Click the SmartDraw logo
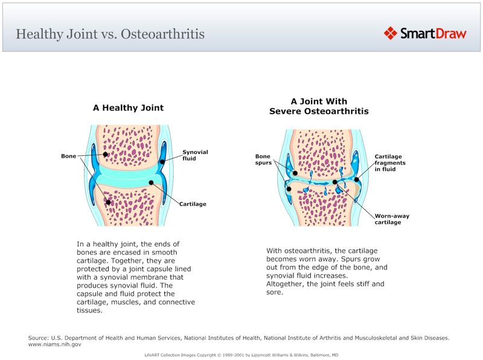point(425,33)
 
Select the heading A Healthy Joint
point(128,108)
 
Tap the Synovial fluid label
point(195,155)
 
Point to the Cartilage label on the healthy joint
point(193,204)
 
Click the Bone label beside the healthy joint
point(69,156)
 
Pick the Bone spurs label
point(263,159)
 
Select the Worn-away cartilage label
point(388,219)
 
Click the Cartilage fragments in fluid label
point(389,162)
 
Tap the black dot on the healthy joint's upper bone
point(105,155)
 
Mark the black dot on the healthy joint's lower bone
point(108,202)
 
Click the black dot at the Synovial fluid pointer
point(162,161)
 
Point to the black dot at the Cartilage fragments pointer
point(356,179)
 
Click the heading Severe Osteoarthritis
point(319,112)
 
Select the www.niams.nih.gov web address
point(55,344)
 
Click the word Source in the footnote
point(37,337)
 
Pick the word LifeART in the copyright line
point(153,355)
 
